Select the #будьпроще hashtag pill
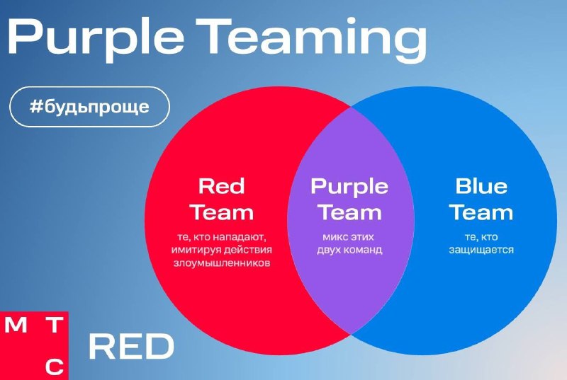tap(89, 107)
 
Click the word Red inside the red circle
tap(221, 186)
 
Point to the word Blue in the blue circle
tap(481, 186)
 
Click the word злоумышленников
tap(222, 263)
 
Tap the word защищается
tap(481, 250)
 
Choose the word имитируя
tap(196, 250)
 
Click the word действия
tap(247, 250)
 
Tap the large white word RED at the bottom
tap(131, 347)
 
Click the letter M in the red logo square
tap(16, 325)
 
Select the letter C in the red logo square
tap(55, 367)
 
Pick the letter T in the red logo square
tap(55, 325)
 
